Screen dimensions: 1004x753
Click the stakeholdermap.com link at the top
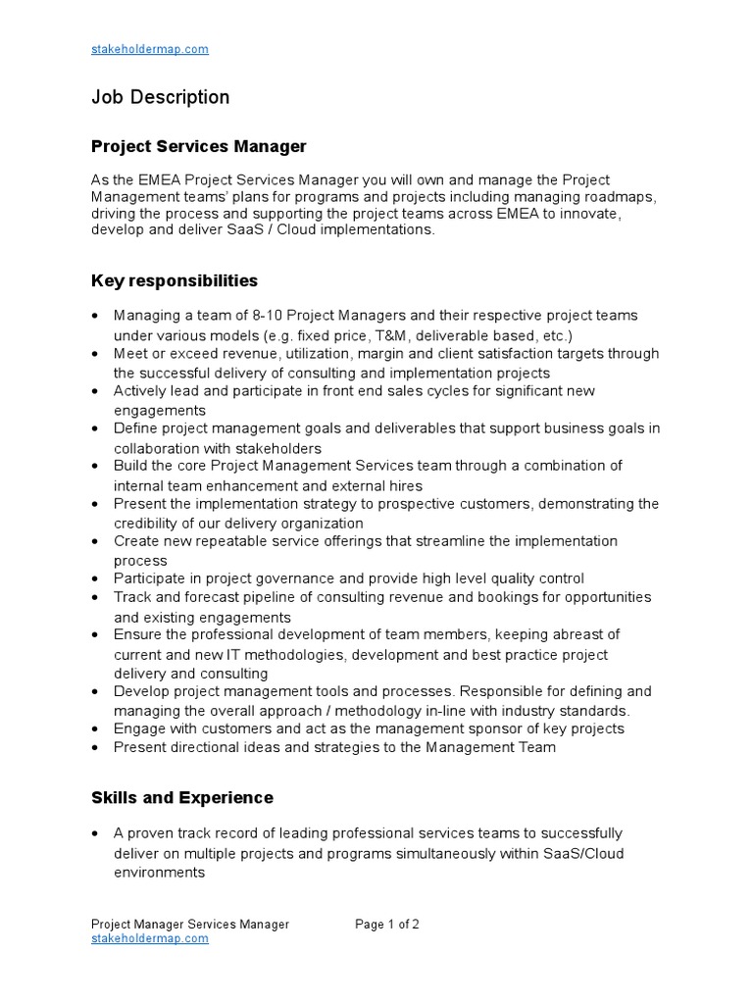pos(149,49)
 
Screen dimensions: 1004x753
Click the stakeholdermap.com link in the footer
pos(149,938)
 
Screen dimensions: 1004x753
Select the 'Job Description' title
pos(160,97)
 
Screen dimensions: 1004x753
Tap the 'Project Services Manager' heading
pos(198,147)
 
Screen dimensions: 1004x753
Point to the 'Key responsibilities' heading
pos(175,281)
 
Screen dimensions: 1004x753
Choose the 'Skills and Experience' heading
pos(182,798)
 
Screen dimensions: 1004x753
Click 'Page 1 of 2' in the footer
pos(387,925)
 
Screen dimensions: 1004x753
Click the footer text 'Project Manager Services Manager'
pos(190,925)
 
